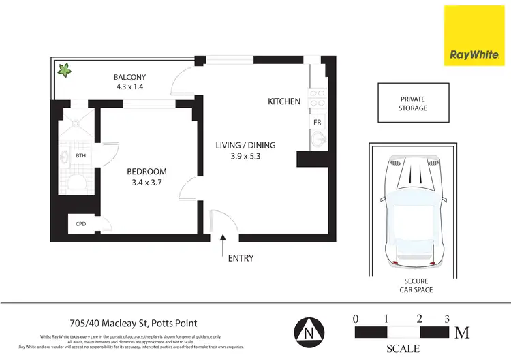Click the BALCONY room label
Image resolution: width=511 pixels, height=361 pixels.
(129, 77)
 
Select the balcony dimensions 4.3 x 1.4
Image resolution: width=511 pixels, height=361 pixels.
(129, 88)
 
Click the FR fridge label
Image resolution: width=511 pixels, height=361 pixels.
(317, 122)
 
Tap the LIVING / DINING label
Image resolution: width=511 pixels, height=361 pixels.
(246, 145)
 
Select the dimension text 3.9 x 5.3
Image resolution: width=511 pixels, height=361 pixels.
(246, 156)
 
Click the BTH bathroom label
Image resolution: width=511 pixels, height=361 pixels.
(81, 156)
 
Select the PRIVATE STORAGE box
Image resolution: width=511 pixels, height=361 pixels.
(413, 104)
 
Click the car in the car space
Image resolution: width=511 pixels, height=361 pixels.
(414, 211)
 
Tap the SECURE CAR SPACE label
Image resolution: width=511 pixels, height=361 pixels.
(414, 285)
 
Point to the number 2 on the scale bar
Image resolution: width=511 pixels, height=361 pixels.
(419, 319)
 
